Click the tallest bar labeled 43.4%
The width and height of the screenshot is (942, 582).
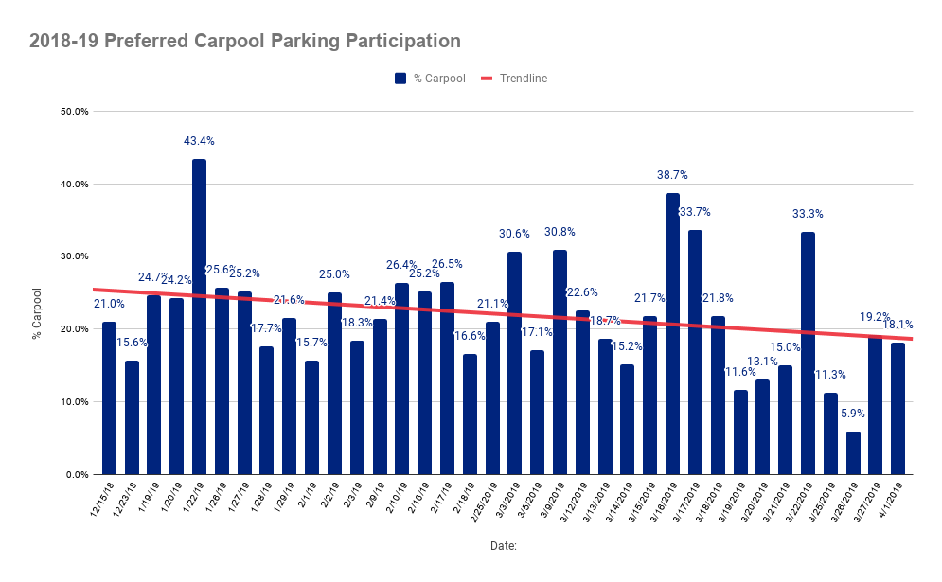[x=199, y=317]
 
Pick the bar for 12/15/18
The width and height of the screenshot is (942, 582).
[x=109, y=397]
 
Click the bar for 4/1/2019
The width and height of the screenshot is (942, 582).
[x=898, y=408]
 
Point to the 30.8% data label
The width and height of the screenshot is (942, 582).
[x=560, y=232]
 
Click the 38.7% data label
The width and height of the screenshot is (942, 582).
[x=672, y=175]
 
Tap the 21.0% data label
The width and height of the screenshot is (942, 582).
[x=109, y=304]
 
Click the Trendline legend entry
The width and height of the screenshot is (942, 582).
[x=516, y=79]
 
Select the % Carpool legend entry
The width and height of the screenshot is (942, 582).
[x=430, y=79]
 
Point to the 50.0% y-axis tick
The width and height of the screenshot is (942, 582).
[x=73, y=112]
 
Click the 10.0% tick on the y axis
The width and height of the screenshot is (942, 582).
[x=73, y=402]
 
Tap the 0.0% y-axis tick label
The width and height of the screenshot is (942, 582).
[x=75, y=475]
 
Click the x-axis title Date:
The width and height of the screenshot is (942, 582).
[x=503, y=546]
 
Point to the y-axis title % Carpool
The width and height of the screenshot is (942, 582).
[x=37, y=313]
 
